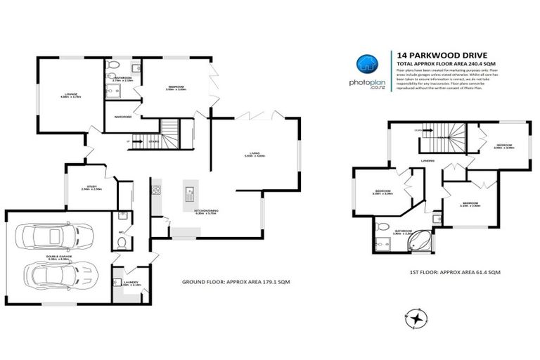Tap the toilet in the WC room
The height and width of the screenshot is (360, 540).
pos(122,244)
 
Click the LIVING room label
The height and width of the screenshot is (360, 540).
pos(254,155)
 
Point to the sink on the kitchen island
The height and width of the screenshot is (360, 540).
pos(190,191)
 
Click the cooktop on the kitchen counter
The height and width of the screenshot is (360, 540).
pos(156,191)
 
